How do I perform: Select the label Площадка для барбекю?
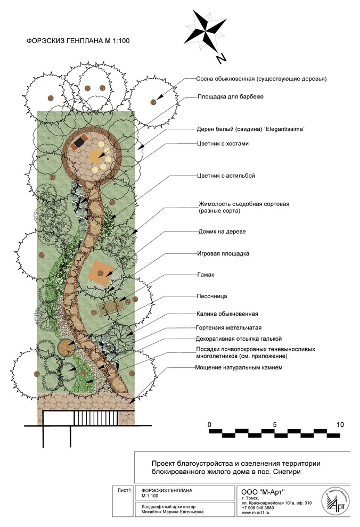point(231,97)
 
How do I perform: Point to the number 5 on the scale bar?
point(275,424)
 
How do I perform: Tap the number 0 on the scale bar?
point(210,424)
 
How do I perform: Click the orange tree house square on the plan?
point(100,272)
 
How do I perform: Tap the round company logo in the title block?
point(335,501)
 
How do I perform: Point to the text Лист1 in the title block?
point(122,489)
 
